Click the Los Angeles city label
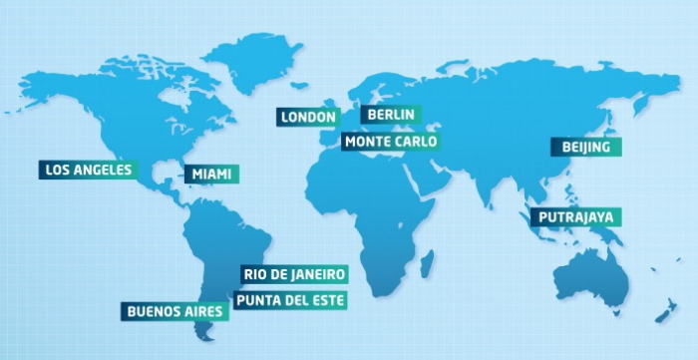pyautogui.click(x=89, y=170)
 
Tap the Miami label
pyautogui.click(x=211, y=175)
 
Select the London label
pyautogui.click(x=308, y=118)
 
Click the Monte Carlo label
pyautogui.click(x=390, y=142)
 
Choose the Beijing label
pyautogui.click(x=586, y=148)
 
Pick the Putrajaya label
pyautogui.click(x=576, y=216)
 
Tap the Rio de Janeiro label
pyautogui.click(x=294, y=273)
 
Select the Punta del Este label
pyautogui.click(x=290, y=298)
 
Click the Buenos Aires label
pyautogui.click(x=175, y=311)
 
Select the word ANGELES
pyautogui.click(x=104, y=170)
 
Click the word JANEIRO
pyautogui.click(x=318, y=273)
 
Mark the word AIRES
pyautogui.click(x=203, y=311)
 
